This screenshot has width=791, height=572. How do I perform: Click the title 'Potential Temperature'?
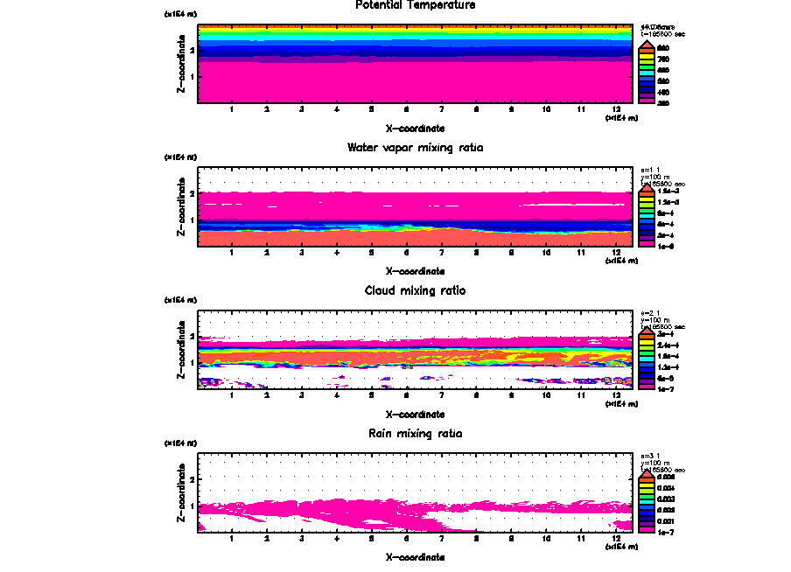coord(415,5)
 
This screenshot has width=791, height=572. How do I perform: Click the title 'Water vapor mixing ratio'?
coord(415,148)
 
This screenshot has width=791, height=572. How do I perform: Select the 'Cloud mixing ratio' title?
coord(415,290)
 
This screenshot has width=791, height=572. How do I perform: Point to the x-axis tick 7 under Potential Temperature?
coord(442,110)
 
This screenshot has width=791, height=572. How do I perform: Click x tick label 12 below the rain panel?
coord(616,539)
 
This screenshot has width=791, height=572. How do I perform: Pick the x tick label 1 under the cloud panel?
coord(232,396)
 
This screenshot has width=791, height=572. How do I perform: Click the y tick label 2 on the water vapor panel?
coord(192,192)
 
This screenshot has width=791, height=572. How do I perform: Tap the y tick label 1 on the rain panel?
coord(192,506)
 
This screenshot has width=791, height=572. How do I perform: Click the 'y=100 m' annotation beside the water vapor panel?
coord(658,178)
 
